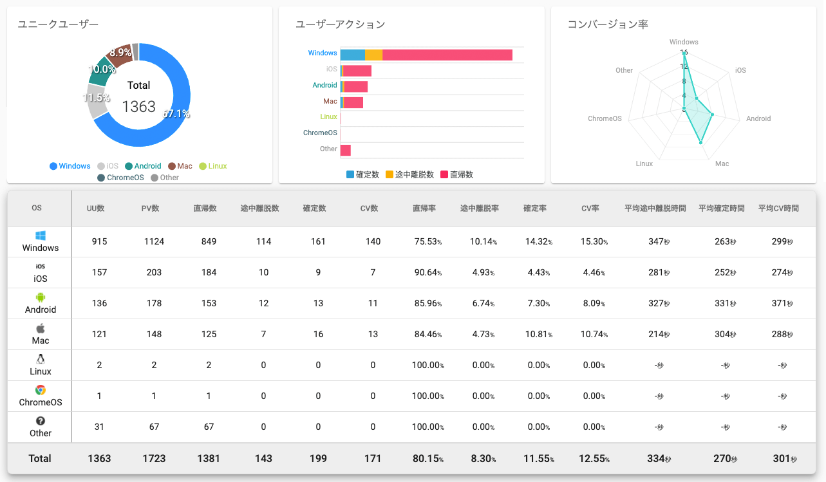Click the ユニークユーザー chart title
pos(58,24)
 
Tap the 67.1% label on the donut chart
pos(176,114)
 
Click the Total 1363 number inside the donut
pos(138,106)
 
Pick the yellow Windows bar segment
pos(373,55)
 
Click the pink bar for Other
pos(346,150)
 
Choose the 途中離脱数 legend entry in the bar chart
pos(409,174)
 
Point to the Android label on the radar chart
pos(758,118)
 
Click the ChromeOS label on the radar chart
pos(605,118)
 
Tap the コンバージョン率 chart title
pos(607,24)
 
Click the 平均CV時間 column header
pos(778,209)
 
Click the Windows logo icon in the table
pos(41,236)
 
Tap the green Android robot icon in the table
pos(41,297)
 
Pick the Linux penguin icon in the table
pos(41,359)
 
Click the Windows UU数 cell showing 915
pos(99,241)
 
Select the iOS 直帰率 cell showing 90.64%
pos(427,272)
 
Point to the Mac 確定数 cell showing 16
pos(318,334)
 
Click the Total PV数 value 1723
pos(154,459)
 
